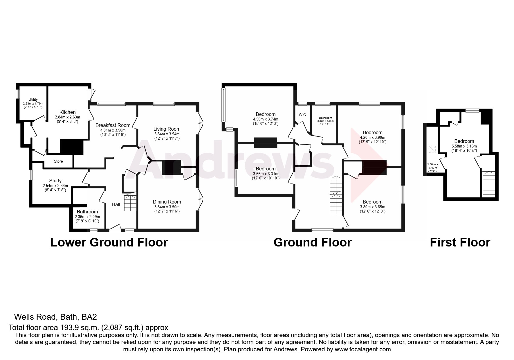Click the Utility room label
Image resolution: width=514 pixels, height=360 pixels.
pos(33,100)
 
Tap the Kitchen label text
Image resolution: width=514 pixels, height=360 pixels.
pos(67,112)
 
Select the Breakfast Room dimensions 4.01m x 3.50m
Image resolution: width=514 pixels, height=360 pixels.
pos(111,130)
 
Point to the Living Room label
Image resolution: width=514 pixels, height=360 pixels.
pos(167,129)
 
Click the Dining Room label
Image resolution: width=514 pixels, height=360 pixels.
pos(167,202)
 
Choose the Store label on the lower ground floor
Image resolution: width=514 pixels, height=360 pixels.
pos(58,161)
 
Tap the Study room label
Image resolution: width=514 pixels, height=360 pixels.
pos(55,181)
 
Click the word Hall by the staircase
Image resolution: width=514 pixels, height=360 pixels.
pos(116,204)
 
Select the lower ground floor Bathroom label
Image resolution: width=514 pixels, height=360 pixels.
pos(87,212)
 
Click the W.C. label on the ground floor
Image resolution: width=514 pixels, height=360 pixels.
pos(303,115)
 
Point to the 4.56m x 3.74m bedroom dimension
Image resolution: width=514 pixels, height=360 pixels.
pos(266,119)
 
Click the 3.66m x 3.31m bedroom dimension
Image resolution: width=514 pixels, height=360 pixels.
pos(266,174)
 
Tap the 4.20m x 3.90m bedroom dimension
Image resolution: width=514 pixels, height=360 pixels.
pos(373,137)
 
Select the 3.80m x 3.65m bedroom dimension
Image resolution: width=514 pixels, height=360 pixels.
pos(373,207)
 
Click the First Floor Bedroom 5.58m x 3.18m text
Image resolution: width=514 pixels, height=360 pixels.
pos(464,146)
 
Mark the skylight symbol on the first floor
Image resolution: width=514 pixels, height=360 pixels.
pos(432,149)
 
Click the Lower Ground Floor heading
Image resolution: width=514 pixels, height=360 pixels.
pos(109,242)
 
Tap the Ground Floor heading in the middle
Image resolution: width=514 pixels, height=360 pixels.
pos(312,242)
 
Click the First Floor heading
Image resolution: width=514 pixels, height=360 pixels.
pos(460,242)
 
